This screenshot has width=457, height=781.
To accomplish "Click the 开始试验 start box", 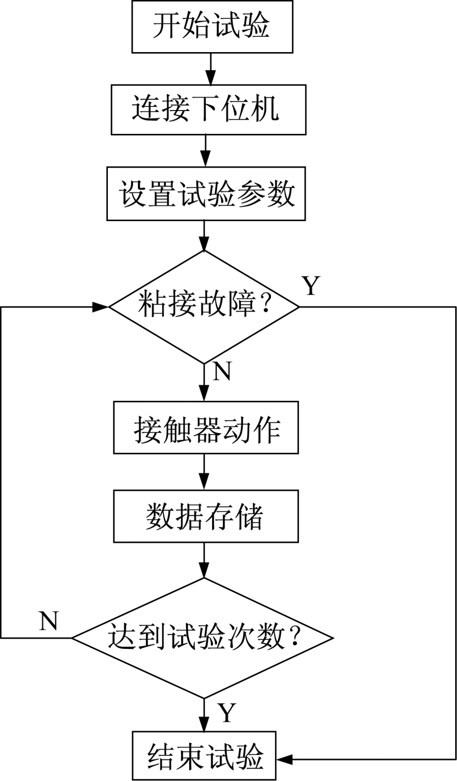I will pyautogui.click(x=212, y=27).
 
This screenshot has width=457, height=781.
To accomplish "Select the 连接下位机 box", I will pyautogui.click(x=208, y=110).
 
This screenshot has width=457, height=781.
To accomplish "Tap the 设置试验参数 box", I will pyautogui.click(x=206, y=194).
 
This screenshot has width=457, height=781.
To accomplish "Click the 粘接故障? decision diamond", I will pyautogui.click(x=204, y=307).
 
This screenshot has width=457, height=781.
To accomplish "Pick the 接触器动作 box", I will pyautogui.click(x=206, y=428).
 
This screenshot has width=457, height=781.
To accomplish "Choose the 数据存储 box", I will pyautogui.click(x=206, y=516).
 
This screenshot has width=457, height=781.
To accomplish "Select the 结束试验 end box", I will pyautogui.click(x=204, y=755).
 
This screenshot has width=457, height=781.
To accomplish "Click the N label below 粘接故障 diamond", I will pyautogui.click(x=223, y=372).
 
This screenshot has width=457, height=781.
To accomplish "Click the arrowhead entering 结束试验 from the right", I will pyautogui.click(x=284, y=760).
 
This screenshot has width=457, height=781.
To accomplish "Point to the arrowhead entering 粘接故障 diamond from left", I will pyautogui.click(x=101, y=307).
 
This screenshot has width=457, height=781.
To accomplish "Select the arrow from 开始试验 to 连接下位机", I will pyautogui.click(x=211, y=69).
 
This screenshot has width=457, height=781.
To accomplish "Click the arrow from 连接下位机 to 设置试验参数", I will pyautogui.click(x=206, y=151).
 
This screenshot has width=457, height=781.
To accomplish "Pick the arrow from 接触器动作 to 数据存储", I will pyautogui.click(x=204, y=472).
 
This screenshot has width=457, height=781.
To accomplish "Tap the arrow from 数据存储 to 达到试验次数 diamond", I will pyautogui.click(x=204, y=560).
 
